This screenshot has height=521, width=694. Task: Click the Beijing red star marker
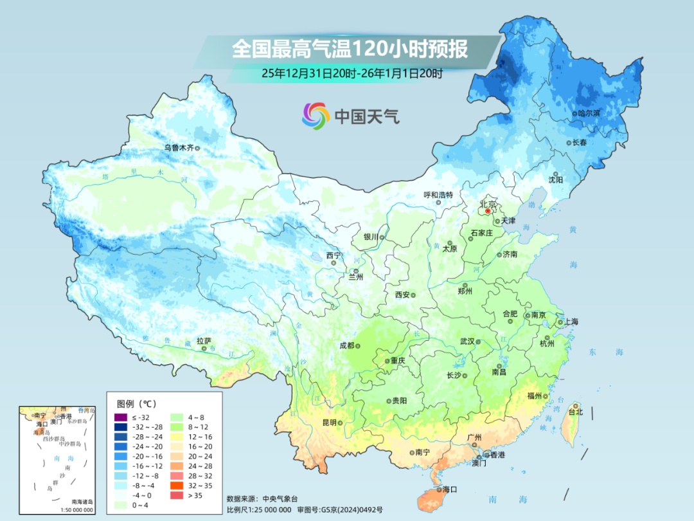tap(488, 210)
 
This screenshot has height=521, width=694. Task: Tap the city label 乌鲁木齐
tap(178, 148)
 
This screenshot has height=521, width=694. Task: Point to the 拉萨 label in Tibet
tap(204, 341)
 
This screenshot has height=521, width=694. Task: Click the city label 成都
tap(346, 345)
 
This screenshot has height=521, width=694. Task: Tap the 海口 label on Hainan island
tap(450, 489)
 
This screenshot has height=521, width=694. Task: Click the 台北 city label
tap(575, 412)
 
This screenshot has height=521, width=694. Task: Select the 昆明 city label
tap(329, 423)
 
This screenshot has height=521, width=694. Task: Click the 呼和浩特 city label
tap(438, 195)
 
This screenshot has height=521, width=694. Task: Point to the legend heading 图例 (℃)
tap(137, 404)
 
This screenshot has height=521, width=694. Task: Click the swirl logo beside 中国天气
tap(316, 116)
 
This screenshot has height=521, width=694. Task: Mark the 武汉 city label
tap(467, 342)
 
